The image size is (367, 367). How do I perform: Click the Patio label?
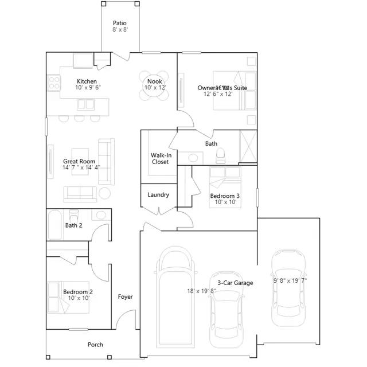(119, 24)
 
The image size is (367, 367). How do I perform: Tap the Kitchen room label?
(86, 81)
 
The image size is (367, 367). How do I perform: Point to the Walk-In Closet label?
(160, 158)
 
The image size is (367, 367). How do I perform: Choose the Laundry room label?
(158, 195)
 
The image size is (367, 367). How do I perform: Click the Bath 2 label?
(73, 225)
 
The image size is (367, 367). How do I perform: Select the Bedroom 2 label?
(78, 292)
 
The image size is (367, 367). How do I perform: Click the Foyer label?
(125, 296)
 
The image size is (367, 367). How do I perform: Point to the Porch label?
(95, 345)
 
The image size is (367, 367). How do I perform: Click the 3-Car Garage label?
(235, 283)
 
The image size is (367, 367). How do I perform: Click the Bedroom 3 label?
(225, 196)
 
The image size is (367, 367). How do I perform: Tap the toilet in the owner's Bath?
(221, 154)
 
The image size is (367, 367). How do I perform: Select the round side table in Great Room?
(105, 193)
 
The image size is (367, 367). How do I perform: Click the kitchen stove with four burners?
(54, 82)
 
